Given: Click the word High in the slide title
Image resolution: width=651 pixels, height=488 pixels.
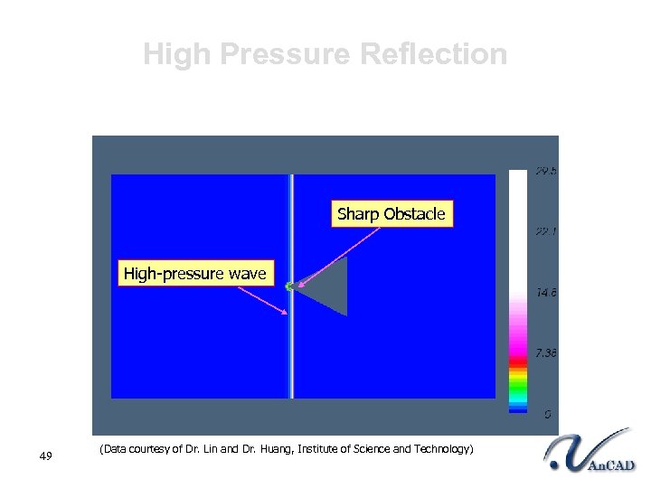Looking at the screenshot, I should [176, 54].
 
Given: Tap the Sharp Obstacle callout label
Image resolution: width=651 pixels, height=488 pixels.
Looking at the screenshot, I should [392, 214].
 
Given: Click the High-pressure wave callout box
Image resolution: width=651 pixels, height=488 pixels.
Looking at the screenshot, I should [194, 273].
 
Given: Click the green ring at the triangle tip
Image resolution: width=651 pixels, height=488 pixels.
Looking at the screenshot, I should [290, 286].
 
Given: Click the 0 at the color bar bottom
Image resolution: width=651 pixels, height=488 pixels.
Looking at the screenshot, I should [547, 414].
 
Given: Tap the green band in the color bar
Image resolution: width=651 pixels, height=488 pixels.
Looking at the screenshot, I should [517, 390].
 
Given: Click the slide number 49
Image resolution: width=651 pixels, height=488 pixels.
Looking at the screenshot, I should [47, 455].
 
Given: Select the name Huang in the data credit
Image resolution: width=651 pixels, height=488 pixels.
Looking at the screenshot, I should [274, 449].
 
